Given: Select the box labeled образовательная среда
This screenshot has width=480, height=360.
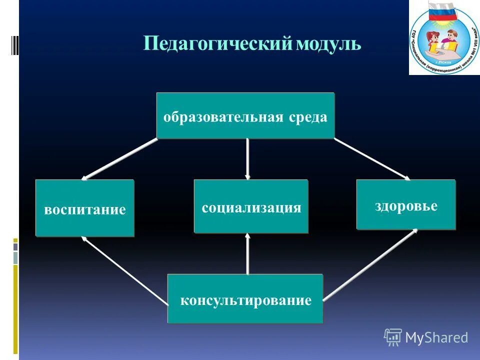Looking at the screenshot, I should pos(245,116).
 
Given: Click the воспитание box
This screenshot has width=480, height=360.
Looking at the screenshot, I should pos(84,208).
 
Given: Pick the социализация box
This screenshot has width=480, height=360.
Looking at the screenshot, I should pos(251,207).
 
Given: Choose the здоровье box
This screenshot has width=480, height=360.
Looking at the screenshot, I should pos(406,205).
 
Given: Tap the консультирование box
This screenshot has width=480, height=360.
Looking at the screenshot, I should pos(245,299).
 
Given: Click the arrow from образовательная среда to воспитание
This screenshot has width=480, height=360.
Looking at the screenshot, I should pos(120,159).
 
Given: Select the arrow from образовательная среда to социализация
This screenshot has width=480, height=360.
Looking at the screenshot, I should pos(247,159).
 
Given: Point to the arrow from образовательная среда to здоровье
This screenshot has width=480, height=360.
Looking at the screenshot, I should pos(372,159).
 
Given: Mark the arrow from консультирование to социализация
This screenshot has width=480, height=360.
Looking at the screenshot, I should pos(247,254).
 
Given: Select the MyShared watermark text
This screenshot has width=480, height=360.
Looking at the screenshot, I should pos(436,337).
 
